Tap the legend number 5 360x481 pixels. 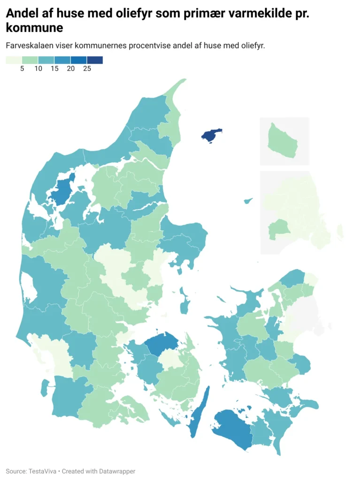(22, 69)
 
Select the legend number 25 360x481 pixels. (87, 69)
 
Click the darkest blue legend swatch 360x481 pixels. (94, 60)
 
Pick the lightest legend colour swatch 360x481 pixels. (14, 60)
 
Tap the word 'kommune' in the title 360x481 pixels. (34, 28)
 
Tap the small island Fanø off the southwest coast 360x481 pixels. (44, 388)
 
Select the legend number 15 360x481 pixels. (54, 69)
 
